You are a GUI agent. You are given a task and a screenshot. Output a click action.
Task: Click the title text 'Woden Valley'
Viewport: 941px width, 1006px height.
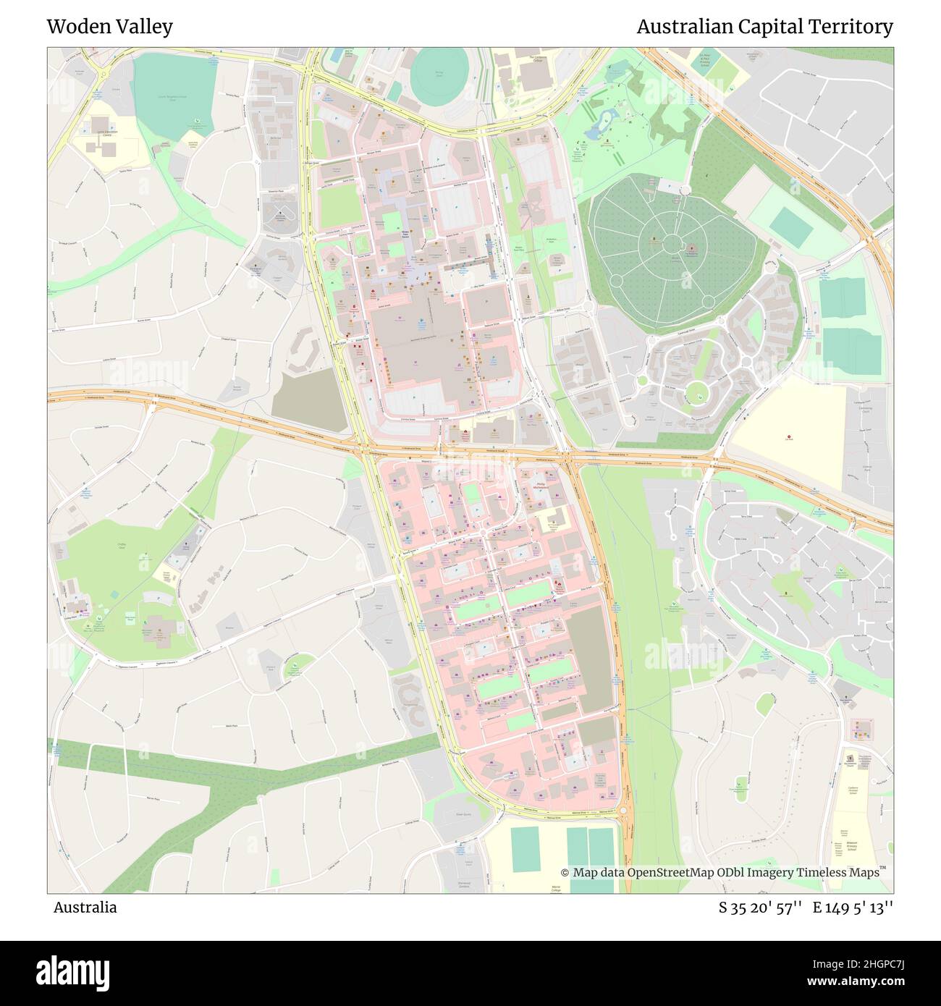point(109,27)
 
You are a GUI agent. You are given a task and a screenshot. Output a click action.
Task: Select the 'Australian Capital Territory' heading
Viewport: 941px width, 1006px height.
point(764,27)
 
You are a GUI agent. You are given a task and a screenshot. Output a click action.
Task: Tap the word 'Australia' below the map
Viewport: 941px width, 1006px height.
point(85,907)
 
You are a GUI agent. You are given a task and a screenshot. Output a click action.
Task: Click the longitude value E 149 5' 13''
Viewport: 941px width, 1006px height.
point(853,907)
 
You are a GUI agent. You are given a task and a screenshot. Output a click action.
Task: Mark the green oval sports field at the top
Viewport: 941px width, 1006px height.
point(440,75)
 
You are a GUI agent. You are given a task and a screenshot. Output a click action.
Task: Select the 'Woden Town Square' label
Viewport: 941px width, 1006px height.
point(405,233)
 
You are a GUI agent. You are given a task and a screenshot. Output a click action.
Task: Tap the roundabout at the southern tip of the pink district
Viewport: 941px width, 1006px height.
point(623,811)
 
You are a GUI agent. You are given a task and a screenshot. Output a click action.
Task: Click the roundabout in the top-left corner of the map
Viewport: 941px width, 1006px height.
point(102,74)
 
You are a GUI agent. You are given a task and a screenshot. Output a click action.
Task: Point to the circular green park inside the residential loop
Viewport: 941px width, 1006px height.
point(696,392)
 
